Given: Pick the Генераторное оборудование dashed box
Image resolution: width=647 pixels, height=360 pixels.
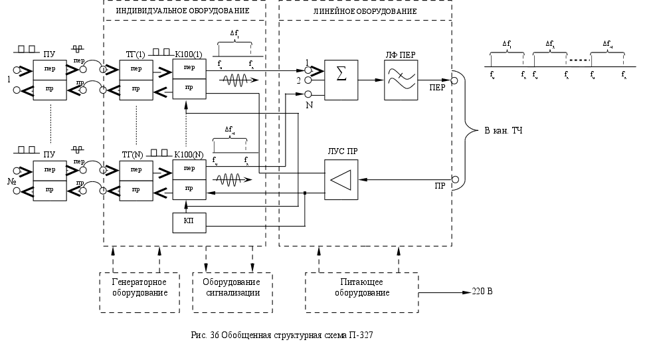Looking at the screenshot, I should click(x=139, y=292).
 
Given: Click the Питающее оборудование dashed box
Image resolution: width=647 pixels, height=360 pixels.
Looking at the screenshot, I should click(x=362, y=292).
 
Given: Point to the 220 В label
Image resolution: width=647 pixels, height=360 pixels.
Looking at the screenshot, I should click(x=482, y=292).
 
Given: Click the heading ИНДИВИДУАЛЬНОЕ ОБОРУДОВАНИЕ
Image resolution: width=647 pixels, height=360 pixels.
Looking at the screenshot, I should click(x=183, y=11).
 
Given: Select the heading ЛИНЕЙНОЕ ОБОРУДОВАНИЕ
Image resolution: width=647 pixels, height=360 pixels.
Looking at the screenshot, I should click(x=365, y=11).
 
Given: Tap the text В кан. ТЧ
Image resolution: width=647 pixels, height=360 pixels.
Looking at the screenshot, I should click(x=503, y=130).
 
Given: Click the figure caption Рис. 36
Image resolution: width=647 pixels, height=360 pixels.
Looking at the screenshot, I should click(x=282, y=335).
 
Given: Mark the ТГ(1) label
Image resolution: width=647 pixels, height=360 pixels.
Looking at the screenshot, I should click(x=135, y=52).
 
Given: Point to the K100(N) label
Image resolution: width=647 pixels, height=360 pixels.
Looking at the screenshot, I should click(x=189, y=154).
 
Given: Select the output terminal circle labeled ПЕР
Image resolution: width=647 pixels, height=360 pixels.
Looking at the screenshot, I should click(x=455, y=80).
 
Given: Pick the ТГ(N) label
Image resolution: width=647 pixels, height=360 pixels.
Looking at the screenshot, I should click(x=133, y=154).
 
